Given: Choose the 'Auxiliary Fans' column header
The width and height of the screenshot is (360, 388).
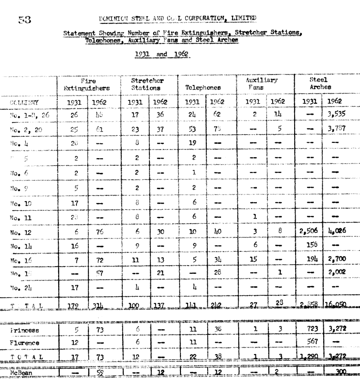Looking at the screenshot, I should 259,84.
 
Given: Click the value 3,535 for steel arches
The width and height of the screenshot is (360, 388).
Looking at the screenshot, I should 337,115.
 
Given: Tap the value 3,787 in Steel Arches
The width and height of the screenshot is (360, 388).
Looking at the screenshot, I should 337,129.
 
